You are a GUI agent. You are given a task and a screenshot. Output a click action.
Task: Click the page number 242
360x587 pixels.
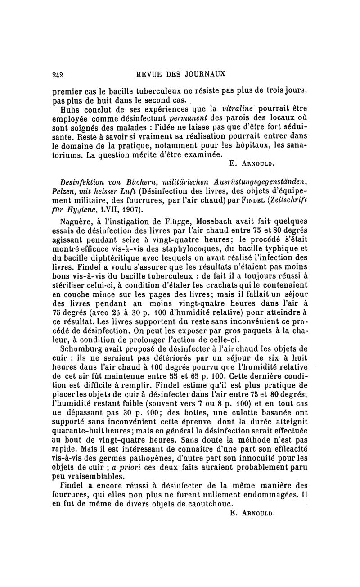(x=57, y=73)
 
